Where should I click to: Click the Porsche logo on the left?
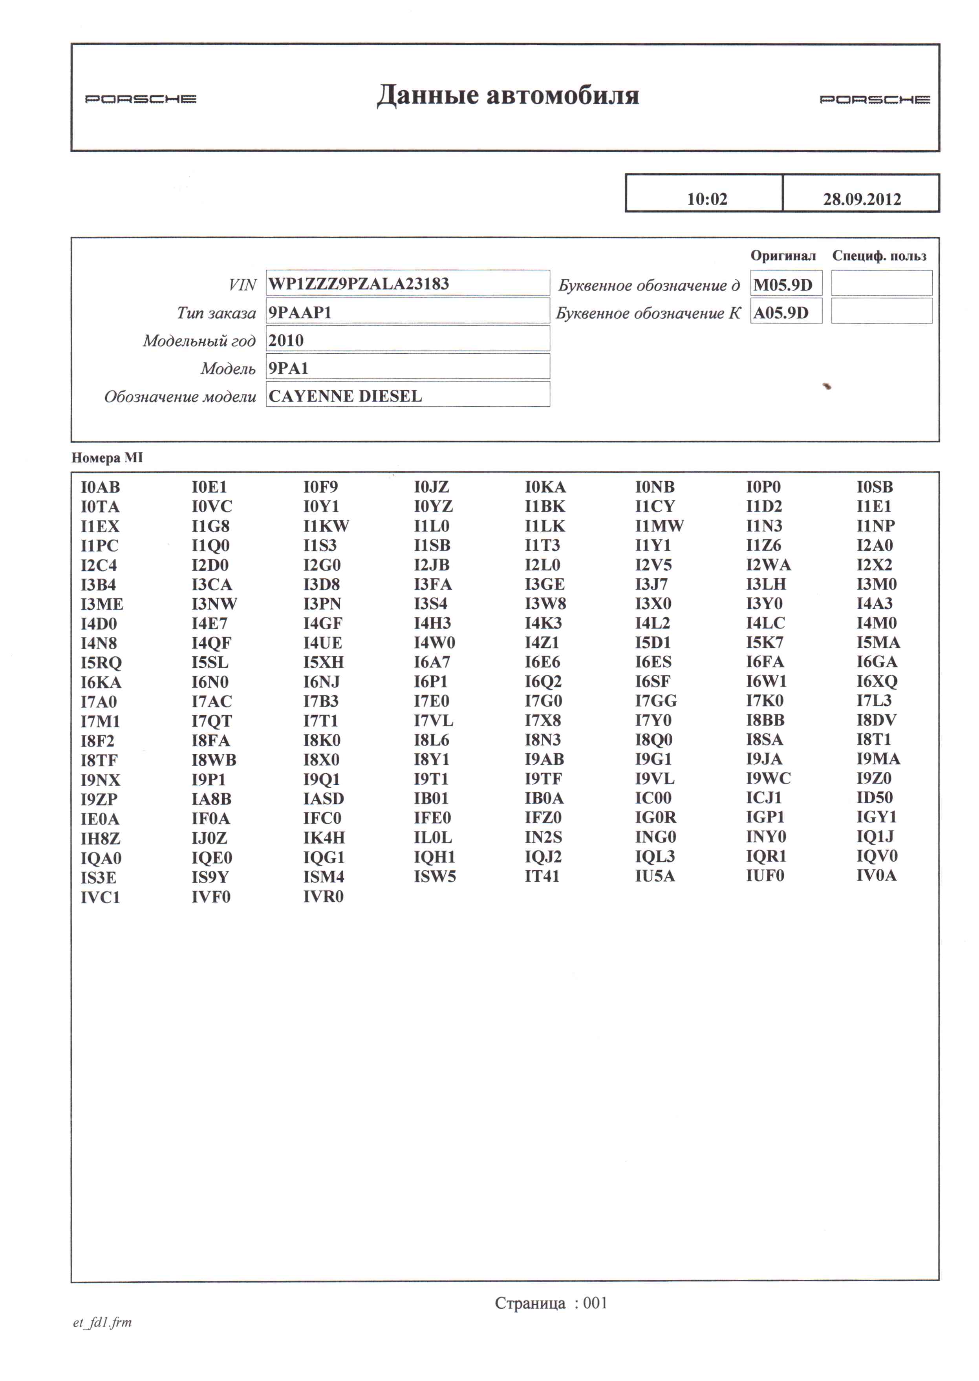pyautogui.click(x=141, y=99)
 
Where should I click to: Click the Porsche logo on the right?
pyautogui.click(x=874, y=99)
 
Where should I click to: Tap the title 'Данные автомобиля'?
pyautogui.click(x=508, y=95)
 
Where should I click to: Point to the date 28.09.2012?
pyautogui.click(x=862, y=199)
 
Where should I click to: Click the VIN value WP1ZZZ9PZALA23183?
pyautogui.click(x=359, y=284)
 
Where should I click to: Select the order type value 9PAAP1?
pyautogui.click(x=300, y=312)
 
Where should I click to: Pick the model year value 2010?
pyautogui.click(x=286, y=340)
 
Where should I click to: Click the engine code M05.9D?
pyautogui.click(x=783, y=284)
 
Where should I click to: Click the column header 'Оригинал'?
pyautogui.click(x=783, y=256)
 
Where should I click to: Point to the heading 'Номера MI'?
pyautogui.click(x=107, y=458)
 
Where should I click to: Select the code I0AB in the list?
pyautogui.click(x=100, y=487)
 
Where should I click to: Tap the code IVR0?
pyautogui.click(x=323, y=897)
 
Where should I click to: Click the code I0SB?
pyautogui.click(x=875, y=487)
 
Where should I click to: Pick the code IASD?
pyautogui.click(x=323, y=799)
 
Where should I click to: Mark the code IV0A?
pyautogui.click(x=876, y=875)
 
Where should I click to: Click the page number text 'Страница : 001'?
pyautogui.click(x=551, y=1303)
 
